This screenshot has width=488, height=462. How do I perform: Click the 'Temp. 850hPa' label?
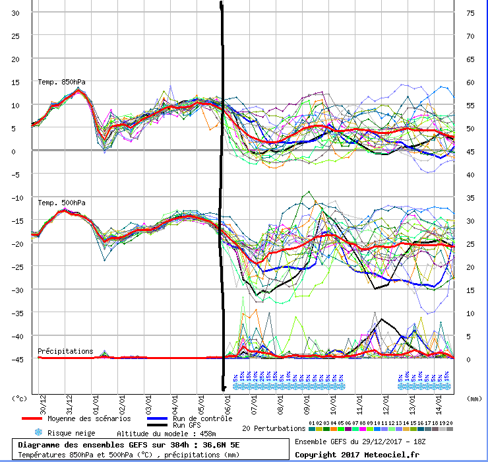pos(61,82)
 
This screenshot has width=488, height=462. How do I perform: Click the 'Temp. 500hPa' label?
pos(61,203)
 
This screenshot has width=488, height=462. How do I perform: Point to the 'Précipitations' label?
pos(65,351)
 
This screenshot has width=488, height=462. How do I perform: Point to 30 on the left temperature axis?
pos(16,13)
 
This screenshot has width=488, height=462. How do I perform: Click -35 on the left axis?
pos(15,313)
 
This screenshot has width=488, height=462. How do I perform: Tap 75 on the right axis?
pos(471,13)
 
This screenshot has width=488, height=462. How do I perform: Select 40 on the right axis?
pos(471,175)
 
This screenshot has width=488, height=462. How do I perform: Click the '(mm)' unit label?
pos(472,399)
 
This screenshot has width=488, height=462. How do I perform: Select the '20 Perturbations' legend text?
pos(273,428)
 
